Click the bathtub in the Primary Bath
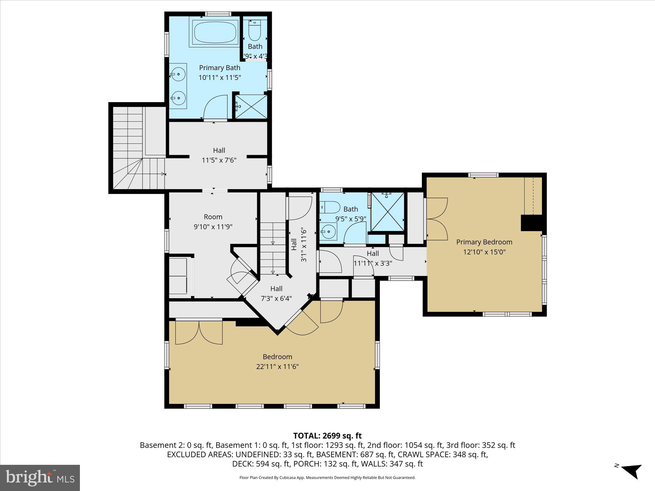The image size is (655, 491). coord(215,32)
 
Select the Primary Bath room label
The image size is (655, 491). coord(219,68)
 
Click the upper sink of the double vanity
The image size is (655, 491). coord(178,74)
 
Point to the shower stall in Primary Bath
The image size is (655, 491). coord(251,106)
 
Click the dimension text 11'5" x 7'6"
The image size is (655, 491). coord(219,160)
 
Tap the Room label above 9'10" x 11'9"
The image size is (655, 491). coord(213,217)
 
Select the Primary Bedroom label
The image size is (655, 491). coord(484,242)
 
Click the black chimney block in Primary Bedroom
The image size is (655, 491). coord(531,223)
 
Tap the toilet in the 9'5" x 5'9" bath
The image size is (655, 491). coord(330,207)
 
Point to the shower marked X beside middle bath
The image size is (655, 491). coord(387,212)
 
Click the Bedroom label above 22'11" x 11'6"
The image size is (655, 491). coord(277,356)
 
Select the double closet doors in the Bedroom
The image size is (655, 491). coord(199,332)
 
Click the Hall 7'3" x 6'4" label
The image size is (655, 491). coord(276,289)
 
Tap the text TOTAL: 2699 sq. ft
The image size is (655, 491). coord(327,436)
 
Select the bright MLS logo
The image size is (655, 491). coord(40,478)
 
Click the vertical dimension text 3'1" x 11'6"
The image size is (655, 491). coord(304,245)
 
